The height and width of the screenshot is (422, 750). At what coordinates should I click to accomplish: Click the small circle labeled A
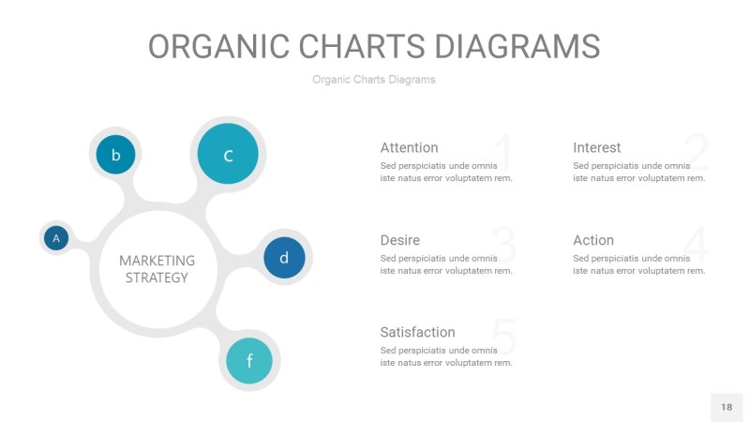coord(56,238)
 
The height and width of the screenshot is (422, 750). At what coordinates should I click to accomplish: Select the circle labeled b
coord(115,155)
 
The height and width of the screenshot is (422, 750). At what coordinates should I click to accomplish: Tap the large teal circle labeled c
coord(228,155)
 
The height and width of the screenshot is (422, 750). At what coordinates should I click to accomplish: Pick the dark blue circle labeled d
coord(284,257)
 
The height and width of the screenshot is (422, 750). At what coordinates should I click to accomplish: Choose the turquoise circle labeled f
coord(249,360)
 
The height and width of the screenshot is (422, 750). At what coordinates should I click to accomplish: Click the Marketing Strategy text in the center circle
coord(157,269)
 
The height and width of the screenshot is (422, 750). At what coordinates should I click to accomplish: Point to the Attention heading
coord(409,147)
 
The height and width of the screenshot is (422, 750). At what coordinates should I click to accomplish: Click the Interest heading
coord(596,147)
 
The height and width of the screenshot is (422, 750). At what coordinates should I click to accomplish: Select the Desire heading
coord(399,240)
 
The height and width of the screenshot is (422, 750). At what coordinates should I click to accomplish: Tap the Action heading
coord(592,240)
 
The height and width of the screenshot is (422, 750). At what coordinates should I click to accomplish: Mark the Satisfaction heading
coord(417,332)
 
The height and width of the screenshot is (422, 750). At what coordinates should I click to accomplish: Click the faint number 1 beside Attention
coord(502,153)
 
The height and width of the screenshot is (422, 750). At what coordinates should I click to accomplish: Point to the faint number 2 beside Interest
coord(696,153)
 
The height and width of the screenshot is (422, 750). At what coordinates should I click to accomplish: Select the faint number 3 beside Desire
coord(503,246)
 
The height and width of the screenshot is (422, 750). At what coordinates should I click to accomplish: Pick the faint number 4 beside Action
coord(697,246)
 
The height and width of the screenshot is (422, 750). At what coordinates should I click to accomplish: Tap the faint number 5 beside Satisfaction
coord(503,338)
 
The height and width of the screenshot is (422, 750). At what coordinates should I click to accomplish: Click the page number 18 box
coord(727,407)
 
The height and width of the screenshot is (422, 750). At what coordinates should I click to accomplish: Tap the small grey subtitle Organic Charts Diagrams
coord(374,80)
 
